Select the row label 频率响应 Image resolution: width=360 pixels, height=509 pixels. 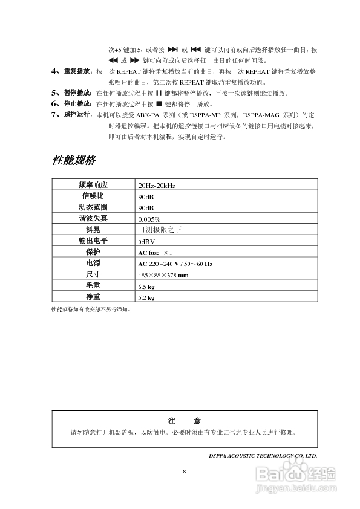coord(93,185)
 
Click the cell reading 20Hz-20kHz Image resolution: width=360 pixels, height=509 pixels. coord(157,186)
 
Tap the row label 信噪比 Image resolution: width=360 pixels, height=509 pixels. coord(93,196)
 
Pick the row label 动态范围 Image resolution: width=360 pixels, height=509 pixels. coord(93,207)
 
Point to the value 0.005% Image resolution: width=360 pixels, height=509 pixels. coord(149,219)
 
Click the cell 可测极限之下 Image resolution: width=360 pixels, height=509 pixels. coord(160,230)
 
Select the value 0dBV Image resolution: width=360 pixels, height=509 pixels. coord(147,241)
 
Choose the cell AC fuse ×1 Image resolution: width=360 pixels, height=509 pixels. coord(155,252)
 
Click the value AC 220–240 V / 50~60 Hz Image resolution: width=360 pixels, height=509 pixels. coord(175,264)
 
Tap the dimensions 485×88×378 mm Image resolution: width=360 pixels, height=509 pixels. coord(163,275)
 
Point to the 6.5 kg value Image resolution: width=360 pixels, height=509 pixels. coord(146,287)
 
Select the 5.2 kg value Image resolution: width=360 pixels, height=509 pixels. coord(146,298)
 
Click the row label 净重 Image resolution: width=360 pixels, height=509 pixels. coord(93,297)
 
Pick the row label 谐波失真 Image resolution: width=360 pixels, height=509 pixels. coord(93,218)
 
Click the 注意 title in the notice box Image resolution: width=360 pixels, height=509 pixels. coord(184,421)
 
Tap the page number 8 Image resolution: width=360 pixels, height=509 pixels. coord(184,470)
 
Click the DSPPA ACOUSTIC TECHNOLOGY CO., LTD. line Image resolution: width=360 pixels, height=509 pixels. coord(263,455)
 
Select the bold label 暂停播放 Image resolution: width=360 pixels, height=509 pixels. coord(76,94)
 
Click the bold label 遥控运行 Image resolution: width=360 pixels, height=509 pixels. coord(76,114)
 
